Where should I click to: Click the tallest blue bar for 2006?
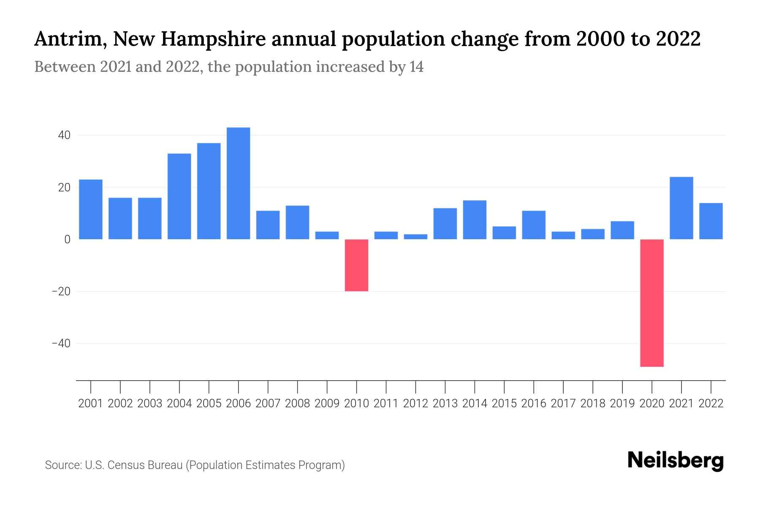[238, 183]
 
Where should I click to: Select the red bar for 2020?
[652, 303]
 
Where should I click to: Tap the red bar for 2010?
[356, 265]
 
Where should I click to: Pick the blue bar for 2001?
[91, 209]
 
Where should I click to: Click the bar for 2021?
[681, 208]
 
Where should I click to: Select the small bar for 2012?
[415, 237]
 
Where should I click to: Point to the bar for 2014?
[475, 220]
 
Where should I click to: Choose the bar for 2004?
[179, 196]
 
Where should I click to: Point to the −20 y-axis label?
[61, 292]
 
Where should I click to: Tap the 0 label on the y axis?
[67, 240]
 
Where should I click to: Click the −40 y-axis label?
[61, 343]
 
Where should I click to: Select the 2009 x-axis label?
[327, 403]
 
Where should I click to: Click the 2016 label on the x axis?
[534, 403]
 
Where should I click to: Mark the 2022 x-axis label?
[711, 403]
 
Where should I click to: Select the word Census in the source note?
[124, 465]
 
